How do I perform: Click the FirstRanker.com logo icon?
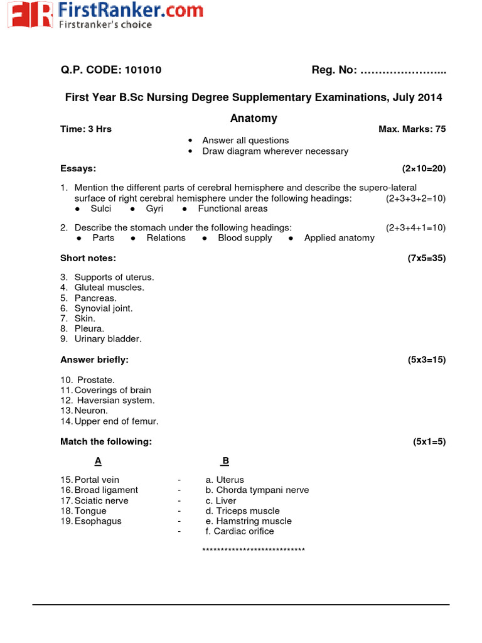(x=29, y=14)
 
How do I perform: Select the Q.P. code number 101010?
(x=143, y=70)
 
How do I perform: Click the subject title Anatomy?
(x=254, y=118)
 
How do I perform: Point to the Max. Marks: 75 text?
(x=412, y=129)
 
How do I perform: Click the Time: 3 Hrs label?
(x=86, y=129)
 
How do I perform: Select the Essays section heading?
(x=78, y=169)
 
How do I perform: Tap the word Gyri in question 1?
(x=154, y=208)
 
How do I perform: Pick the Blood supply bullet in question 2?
(x=245, y=238)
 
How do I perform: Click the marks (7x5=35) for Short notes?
(x=426, y=258)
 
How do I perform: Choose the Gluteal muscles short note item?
(x=109, y=288)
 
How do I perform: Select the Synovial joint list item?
(x=104, y=308)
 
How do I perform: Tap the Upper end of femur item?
(x=116, y=421)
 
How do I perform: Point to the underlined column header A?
(x=98, y=462)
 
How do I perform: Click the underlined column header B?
(x=225, y=462)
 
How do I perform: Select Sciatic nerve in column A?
(x=101, y=500)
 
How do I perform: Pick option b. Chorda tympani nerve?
(x=257, y=490)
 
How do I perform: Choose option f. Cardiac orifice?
(x=240, y=531)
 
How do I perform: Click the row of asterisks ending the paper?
(x=254, y=551)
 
